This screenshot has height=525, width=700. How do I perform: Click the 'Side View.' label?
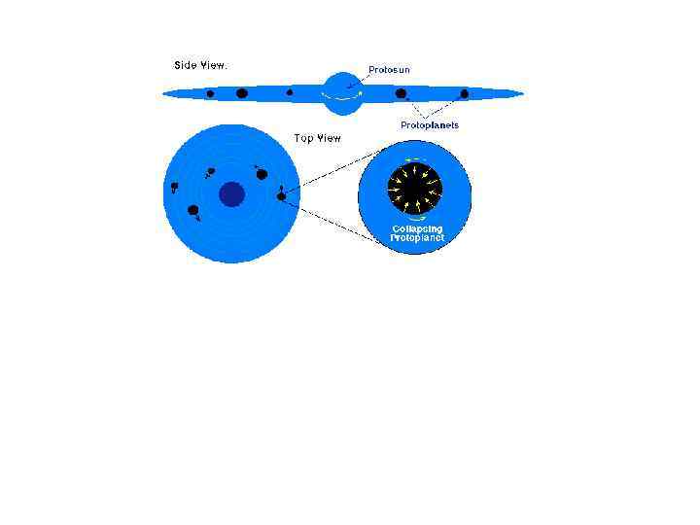(x=200, y=65)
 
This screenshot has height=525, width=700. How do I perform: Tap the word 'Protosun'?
(x=387, y=70)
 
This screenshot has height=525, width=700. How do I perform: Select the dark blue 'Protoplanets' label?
(x=430, y=125)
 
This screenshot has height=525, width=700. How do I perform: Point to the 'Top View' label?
(x=318, y=139)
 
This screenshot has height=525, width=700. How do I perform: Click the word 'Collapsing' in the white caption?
(x=415, y=229)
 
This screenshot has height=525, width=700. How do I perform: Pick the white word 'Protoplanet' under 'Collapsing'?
(x=416, y=238)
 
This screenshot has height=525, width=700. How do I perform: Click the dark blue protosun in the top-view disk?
(x=231, y=194)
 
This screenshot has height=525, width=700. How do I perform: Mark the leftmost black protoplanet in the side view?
(x=210, y=94)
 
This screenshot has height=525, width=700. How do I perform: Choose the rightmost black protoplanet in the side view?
(x=465, y=94)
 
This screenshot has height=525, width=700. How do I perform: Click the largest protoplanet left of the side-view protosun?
(x=241, y=93)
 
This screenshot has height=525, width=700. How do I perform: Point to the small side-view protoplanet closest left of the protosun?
(x=290, y=93)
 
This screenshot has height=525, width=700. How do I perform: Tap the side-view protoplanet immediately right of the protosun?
(x=401, y=93)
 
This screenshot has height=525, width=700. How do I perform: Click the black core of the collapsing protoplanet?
(x=415, y=186)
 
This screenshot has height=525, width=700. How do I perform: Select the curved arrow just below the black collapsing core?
(x=415, y=218)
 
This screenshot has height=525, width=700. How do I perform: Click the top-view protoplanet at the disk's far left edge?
(x=174, y=186)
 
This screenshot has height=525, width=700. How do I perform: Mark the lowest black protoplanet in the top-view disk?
(x=193, y=210)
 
